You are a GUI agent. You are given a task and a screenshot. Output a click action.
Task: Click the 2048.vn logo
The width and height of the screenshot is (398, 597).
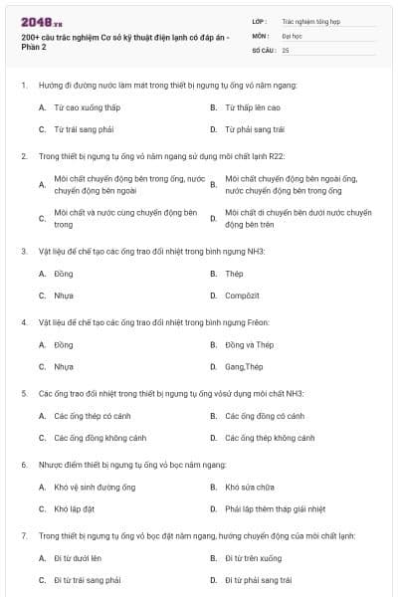coord(39,21)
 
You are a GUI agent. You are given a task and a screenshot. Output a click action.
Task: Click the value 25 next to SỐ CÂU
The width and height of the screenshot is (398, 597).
coord(286,49)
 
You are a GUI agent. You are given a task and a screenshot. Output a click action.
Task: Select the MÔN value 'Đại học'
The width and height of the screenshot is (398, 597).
coord(291,34)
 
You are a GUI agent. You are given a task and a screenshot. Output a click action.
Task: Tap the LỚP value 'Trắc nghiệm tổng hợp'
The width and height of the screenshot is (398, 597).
coord(309,19)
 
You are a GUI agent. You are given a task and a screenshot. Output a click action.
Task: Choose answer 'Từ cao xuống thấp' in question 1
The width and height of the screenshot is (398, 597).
coord(89,106)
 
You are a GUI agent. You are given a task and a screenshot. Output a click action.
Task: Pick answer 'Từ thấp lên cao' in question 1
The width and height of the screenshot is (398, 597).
coord(253,106)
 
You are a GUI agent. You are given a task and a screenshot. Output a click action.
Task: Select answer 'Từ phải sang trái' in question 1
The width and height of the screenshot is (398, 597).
coord(255,129)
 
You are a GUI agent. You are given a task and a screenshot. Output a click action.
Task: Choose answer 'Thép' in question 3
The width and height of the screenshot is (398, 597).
coord(235,274)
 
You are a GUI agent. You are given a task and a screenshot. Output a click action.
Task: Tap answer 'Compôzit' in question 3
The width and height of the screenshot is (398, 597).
coord(243,296)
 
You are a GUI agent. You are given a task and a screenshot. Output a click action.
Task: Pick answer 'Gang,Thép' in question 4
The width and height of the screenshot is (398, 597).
coord(244,367)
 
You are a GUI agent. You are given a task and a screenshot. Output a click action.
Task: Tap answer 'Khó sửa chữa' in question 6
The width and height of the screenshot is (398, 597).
coord(249,487)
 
